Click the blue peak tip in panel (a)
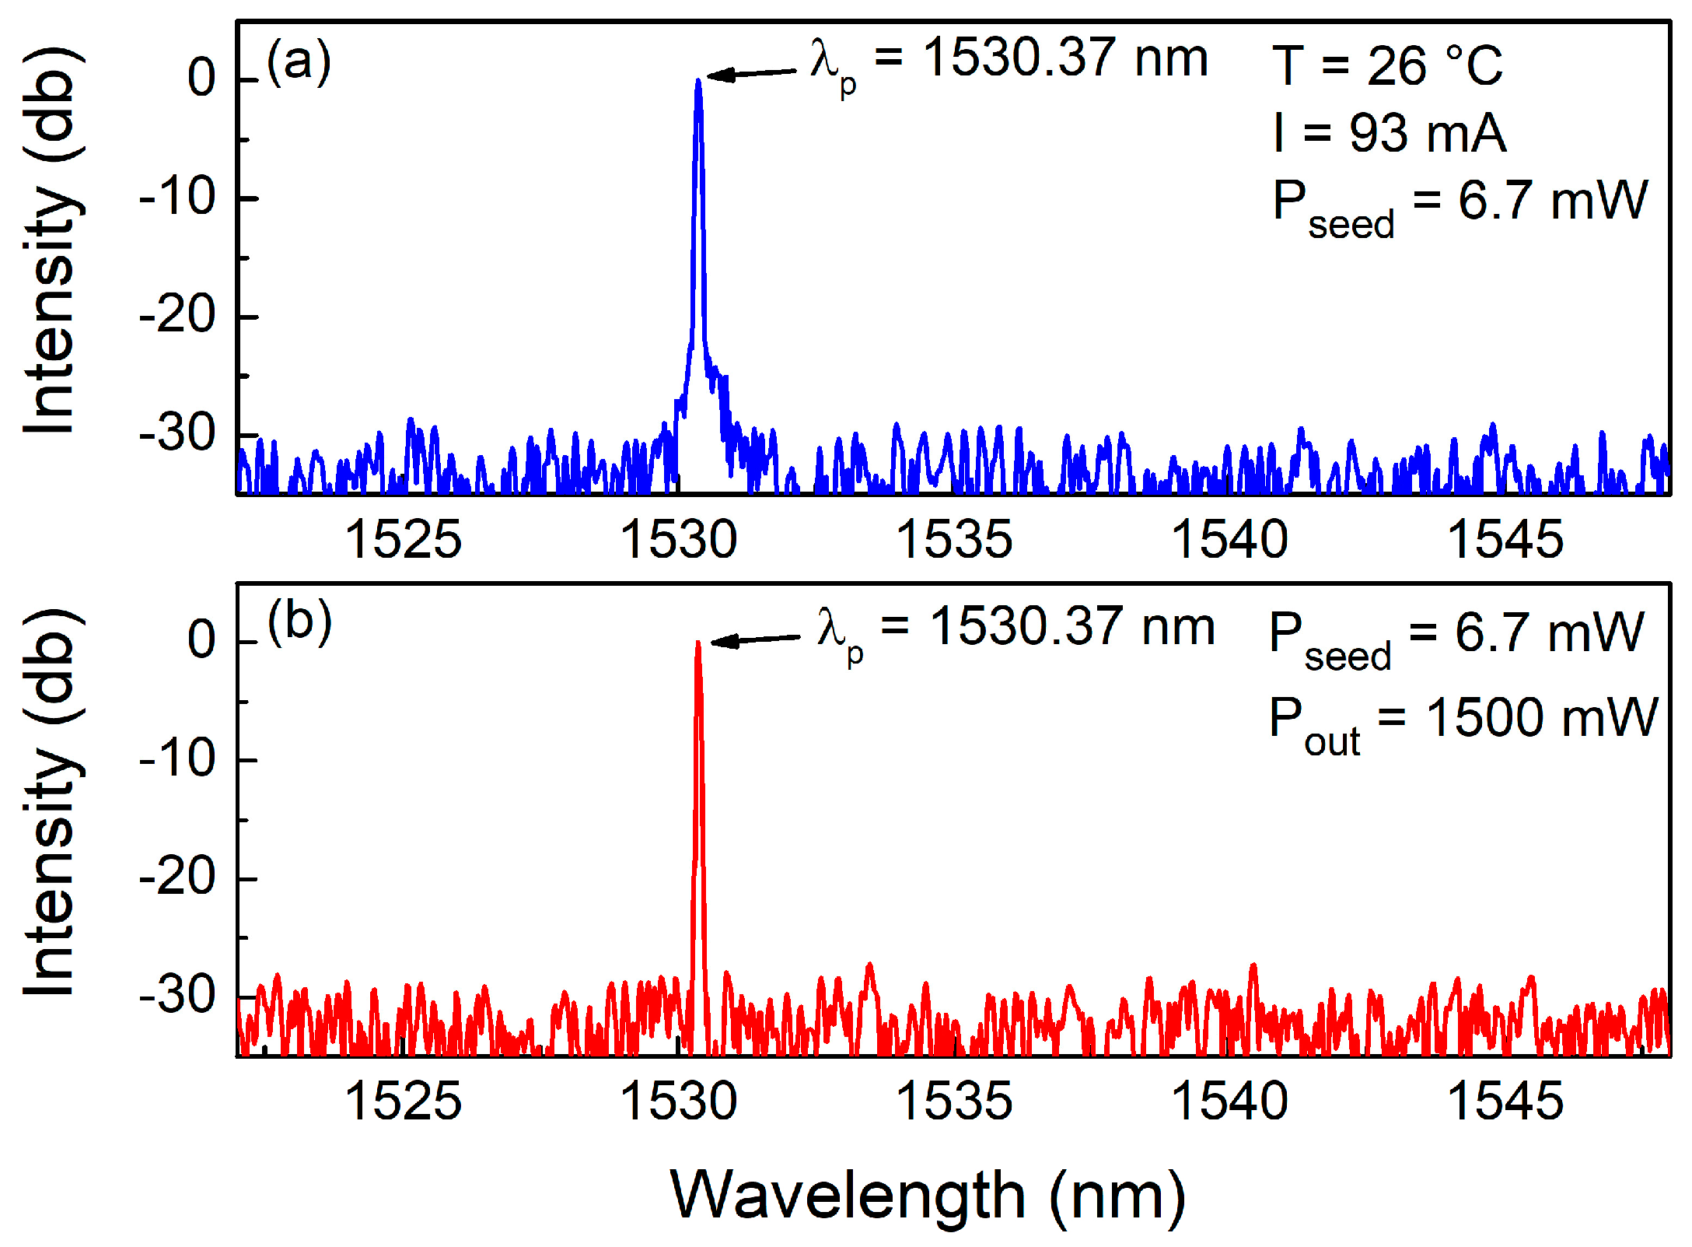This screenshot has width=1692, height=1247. pos(697,81)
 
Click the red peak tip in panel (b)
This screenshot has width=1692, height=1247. pos(697,643)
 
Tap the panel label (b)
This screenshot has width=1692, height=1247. pos(299,622)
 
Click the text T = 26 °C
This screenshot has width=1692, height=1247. pos(1387,65)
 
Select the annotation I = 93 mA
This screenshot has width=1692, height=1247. pos(1389,133)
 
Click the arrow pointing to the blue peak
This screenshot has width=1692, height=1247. pos(751,74)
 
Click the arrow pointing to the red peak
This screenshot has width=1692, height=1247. pos(755,640)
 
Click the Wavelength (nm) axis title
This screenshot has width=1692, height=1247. pos(928,1196)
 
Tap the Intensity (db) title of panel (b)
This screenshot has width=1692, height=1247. pos(50,803)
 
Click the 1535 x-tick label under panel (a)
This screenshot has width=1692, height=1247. pos(954,539)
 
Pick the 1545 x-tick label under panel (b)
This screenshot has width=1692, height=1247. pos(1505,1101)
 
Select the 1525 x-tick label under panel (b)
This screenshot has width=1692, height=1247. pos(403,1101)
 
